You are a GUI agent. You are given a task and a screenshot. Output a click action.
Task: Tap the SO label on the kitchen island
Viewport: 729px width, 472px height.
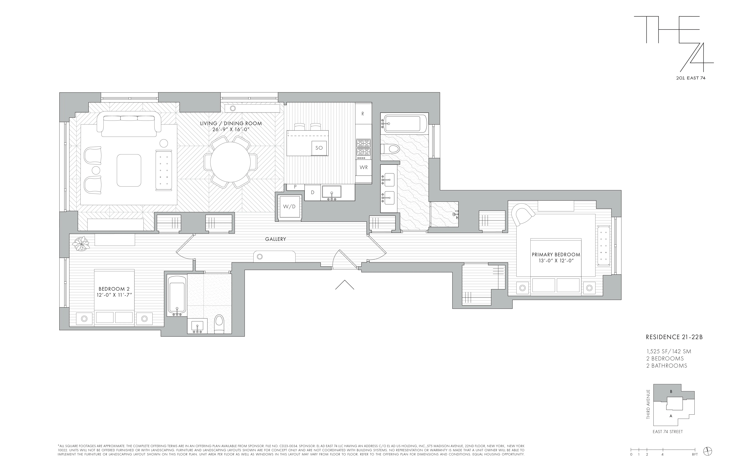coord(319,148)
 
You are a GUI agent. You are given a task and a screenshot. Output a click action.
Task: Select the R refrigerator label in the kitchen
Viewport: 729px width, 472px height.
coord(363,114)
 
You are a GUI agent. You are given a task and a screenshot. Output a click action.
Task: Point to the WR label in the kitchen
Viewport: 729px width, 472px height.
coord(364,167)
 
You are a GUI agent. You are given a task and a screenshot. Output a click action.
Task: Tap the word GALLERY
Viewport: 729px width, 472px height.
coord(275,239)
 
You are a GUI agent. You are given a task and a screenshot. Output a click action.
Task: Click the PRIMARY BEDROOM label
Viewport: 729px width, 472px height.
coord(556,254)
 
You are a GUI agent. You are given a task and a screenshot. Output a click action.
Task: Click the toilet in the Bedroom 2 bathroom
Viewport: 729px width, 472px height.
coord(219,324)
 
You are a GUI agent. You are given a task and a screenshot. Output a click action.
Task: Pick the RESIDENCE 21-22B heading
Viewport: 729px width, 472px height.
coord(674,337)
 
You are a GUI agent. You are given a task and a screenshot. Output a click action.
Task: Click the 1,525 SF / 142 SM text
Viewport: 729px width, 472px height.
coord(668,352)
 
